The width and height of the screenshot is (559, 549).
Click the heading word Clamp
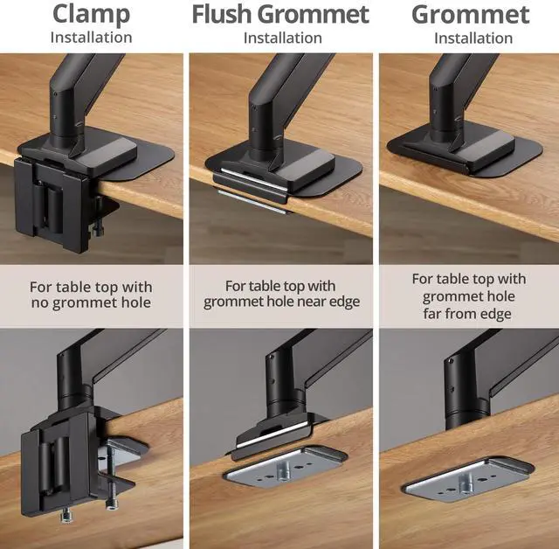coord(91,15)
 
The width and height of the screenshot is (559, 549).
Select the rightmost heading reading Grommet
coord(471,15)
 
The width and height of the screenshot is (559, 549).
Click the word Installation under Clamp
coord(91,38)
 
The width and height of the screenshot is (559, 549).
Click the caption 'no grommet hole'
coord(91,303)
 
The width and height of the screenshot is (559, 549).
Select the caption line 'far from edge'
coord(470,314)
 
